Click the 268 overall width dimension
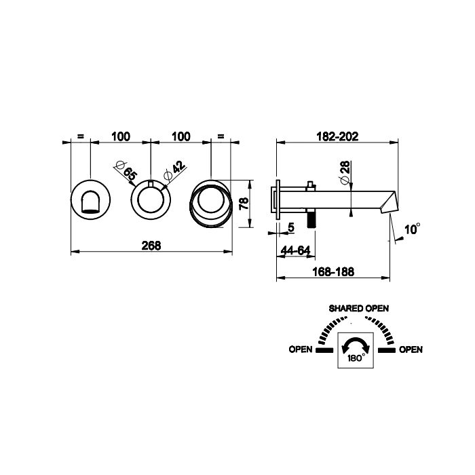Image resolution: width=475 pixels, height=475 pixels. (x=152, y=246)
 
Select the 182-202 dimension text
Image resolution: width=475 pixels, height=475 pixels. (x=337, y=136)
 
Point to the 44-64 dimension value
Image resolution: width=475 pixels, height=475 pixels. (x=295, y=250)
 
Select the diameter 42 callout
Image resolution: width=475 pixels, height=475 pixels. (x=172, y=171)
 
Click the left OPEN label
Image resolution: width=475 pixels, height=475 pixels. (x=300, y=350)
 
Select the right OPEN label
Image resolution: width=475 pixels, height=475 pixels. (x=411, y=350)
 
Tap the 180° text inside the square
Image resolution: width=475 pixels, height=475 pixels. (x=357, y=356)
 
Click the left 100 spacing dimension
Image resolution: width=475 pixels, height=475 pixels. (x=120, y=136)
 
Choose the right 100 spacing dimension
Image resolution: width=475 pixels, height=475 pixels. (x=181, y=136)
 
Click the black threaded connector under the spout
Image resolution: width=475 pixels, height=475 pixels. (x=312, y=220)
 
